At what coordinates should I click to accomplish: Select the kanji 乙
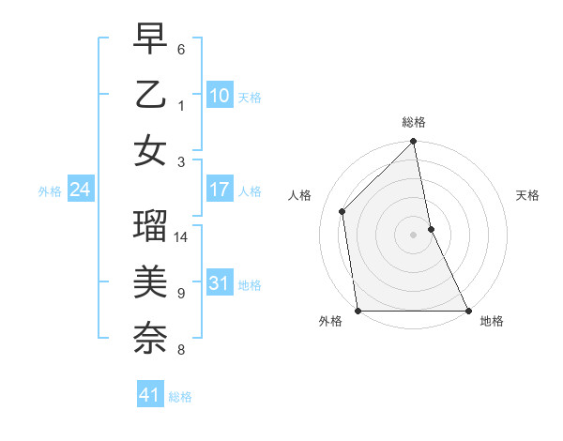click(150, 96)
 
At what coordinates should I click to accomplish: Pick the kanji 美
click(150, 281)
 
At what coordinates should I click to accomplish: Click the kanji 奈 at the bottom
click(150, 336)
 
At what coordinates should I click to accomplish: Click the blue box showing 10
click(219, 95)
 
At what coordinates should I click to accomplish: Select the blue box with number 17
click(219, 190)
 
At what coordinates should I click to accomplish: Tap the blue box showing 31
click(219, 283)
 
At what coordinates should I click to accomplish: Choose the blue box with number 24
click(80, 190)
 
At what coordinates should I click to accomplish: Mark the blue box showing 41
click(150, 395)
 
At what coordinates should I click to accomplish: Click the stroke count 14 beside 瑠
click(182, 236)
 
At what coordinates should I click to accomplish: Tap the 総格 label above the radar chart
click(414, 122)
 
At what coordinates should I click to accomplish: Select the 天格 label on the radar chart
click(527, 195)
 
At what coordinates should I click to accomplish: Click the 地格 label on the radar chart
click(492, 321)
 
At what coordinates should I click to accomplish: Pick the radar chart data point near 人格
click(342, 211)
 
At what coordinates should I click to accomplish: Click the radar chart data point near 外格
click(358, 310)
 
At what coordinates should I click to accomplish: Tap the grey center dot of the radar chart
click(414, 234)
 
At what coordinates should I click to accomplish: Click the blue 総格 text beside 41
click(180, 397)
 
